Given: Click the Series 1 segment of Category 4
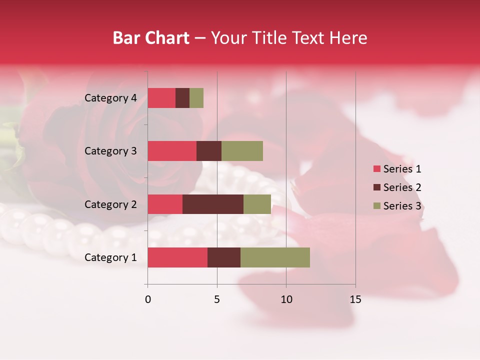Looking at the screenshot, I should click(161, 98).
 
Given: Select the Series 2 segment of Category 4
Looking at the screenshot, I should click(182, 98).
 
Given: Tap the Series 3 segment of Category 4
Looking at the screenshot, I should click(196, 98).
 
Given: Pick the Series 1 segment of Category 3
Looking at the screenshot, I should click(172, 151).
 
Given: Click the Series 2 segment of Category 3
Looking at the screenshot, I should click(209, 151).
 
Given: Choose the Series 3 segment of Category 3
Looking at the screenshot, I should click(242, 151).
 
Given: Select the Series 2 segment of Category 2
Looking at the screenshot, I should click(213, 204).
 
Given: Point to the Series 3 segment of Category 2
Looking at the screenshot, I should click(257, 204).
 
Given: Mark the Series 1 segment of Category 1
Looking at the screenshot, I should click(177, 257).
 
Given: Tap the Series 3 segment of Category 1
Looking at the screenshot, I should click(275, 257).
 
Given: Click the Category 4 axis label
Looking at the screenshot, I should click(110, 98).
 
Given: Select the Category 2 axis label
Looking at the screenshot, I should click(110, 204).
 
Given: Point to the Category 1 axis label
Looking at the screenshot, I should click(110, 257).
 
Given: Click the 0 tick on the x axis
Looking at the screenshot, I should click(148, 299).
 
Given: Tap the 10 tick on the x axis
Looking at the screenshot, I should click(286, 299).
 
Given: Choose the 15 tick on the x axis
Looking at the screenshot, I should click(355, 299).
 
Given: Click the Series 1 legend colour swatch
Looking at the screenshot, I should click(376, 169).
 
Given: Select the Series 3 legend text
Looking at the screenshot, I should click(402, 206).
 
